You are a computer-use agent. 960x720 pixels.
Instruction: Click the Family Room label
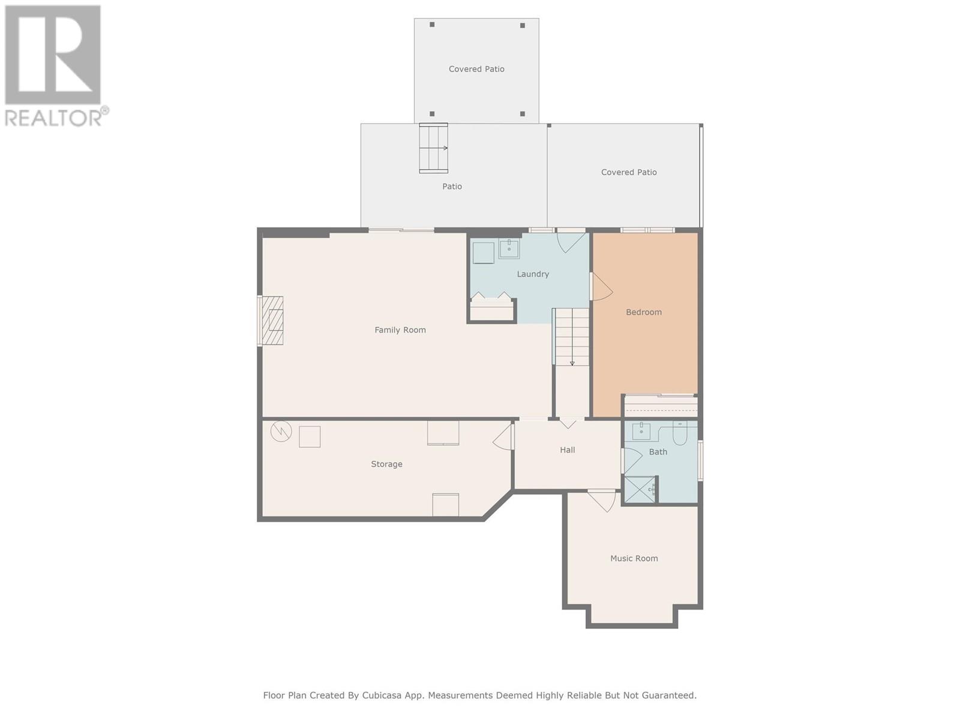coord(400,330)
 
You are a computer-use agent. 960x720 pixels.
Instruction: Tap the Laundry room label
coord(533,274)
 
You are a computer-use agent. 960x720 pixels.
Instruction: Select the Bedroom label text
coord(644,312)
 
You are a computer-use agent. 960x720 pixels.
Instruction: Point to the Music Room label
coord(634,558)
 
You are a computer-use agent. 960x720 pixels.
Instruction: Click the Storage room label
coord(386,464)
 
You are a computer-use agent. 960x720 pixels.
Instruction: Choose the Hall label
coord(567,450)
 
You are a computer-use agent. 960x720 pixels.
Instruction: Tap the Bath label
coord(658,452)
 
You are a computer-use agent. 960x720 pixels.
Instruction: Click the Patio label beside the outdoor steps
coord(452,187)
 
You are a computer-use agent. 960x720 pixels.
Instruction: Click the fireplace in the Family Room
coord(272,321)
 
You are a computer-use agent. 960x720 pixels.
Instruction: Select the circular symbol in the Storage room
coord(281,431)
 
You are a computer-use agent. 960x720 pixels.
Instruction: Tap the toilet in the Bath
coord(679,433)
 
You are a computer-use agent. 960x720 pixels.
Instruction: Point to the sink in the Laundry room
coord(509,248)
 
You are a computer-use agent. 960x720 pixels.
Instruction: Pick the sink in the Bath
coord(641,431)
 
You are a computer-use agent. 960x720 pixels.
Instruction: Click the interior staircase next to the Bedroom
coord(572,337)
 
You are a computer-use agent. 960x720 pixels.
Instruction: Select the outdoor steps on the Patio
coord(433,148)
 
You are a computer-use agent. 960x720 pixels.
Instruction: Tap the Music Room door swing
coord(602,501)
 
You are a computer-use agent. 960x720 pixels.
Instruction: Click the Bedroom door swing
coord(602,286)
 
